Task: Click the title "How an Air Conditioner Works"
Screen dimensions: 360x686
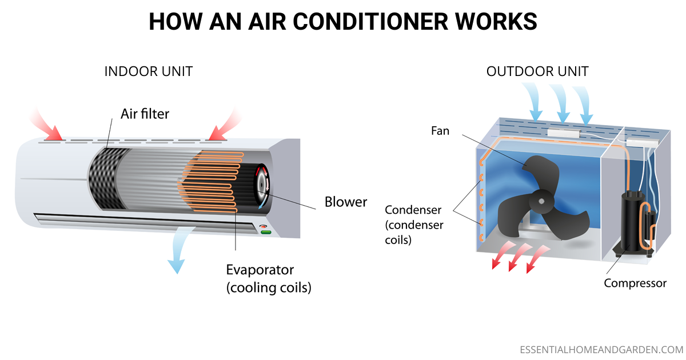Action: (343, 22)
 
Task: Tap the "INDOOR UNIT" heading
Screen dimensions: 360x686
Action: (149, 72)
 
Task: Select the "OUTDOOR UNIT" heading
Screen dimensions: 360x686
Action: (537, 72)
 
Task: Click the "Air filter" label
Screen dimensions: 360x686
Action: (145, 113)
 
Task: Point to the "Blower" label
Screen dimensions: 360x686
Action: (346, 202)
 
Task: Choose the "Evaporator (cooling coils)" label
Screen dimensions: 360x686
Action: (268, 278)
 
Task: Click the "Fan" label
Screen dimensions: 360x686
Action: (440, 131)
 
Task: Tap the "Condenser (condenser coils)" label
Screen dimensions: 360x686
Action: (414, 225)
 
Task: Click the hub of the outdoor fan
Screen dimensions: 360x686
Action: (541, 201)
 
